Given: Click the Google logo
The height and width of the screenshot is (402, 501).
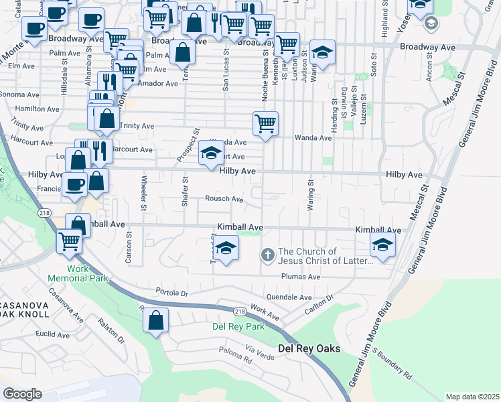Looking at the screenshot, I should tap(22, 394).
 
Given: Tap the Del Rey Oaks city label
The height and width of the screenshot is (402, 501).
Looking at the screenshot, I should tap(309, 349).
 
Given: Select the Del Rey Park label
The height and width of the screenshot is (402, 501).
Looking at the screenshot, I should tap(238, 326).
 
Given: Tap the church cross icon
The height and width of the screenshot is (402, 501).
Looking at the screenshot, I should tap(267, 255).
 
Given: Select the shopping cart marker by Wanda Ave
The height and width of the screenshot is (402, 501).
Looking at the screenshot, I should tap(266, 124).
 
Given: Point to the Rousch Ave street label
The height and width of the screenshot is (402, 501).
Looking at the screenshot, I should tap(224, 199).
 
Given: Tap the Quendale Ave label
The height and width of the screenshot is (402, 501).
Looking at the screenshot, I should tap(289, 297).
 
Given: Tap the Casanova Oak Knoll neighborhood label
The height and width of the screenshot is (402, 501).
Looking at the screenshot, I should tap(25, 309).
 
